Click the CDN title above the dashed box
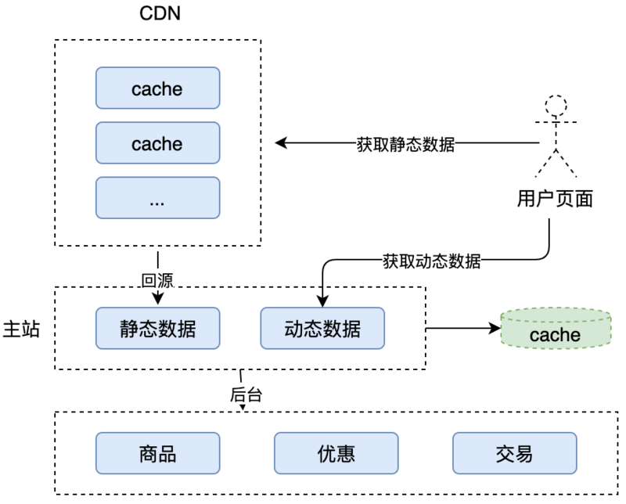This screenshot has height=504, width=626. pos(159,14)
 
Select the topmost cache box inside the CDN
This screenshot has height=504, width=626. pos(157,88)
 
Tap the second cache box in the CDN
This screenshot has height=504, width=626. pos(157,143)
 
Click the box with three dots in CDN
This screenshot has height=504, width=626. pos(157,198)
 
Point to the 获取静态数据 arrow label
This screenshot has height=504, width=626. pos(405,144)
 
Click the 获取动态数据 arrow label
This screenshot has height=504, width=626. pos(431,261)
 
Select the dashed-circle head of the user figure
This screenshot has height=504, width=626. pos(556,105)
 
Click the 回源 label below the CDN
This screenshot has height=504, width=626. pos(156,279)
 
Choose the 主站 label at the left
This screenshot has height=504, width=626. pos(22,328)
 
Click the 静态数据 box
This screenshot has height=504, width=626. pos(157,328)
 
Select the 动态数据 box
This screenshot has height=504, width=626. pos(322,328)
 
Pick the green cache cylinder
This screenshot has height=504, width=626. pos(555,329)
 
